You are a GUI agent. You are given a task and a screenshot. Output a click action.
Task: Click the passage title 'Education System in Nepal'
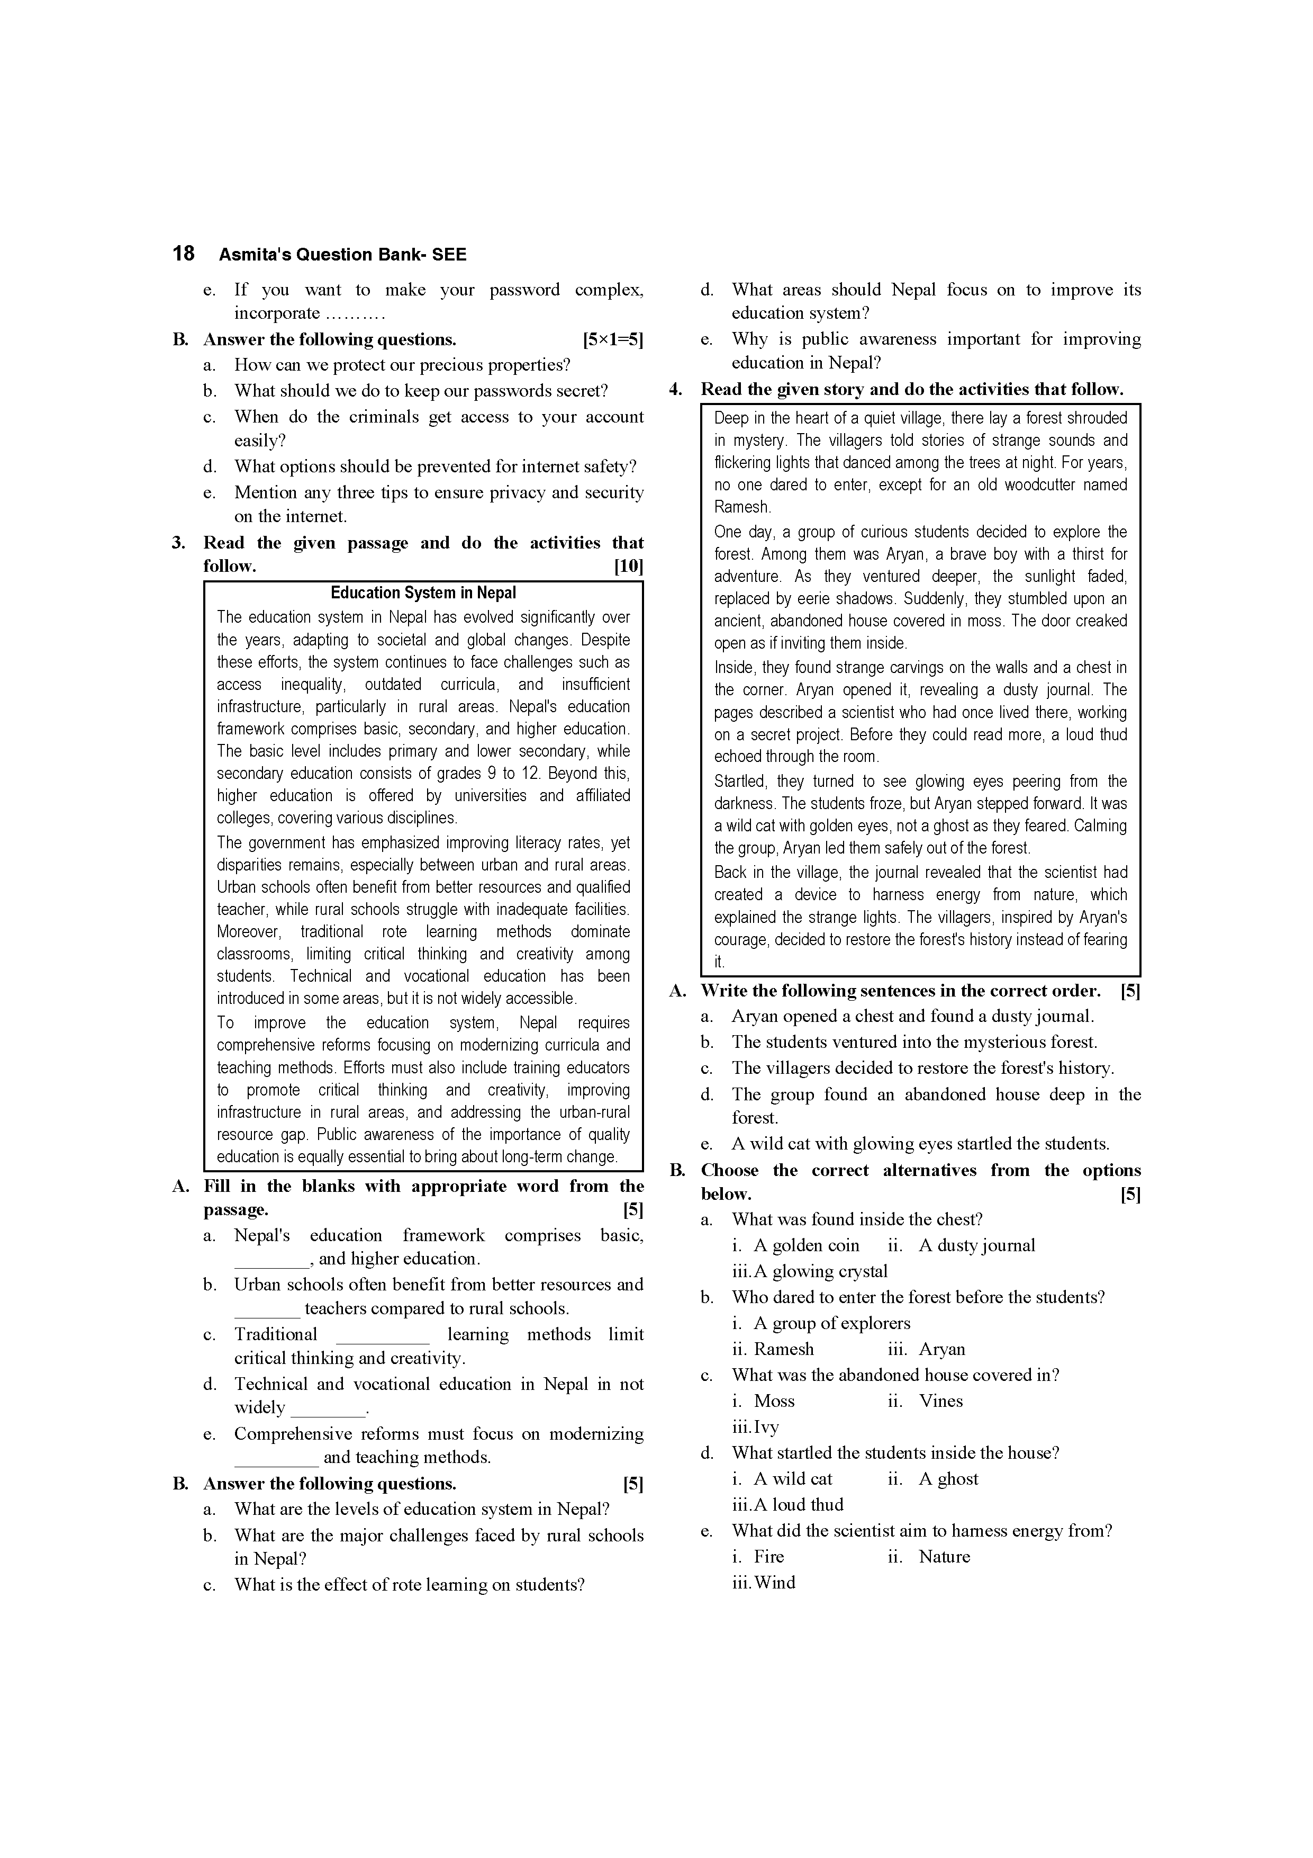click(x=423, y=593)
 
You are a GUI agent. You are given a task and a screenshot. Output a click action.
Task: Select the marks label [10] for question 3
click(x=629, y=567)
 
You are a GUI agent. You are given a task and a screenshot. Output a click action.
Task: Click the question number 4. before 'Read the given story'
click(x=676, y=389)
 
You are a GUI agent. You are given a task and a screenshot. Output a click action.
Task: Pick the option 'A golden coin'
click(x=807, y=1245)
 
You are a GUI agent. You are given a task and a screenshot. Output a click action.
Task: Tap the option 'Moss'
click(x=774, y=1401)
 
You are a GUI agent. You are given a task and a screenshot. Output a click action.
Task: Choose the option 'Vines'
click(x=941, y=1401)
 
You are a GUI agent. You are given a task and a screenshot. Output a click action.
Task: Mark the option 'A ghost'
click(x=948, y=1478)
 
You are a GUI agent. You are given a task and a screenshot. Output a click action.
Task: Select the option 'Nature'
click(x=944, y=1556)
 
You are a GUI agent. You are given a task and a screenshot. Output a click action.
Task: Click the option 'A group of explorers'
click(x=831, y=1323)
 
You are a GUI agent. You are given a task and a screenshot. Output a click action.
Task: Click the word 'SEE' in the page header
click(x=449, y=255)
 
